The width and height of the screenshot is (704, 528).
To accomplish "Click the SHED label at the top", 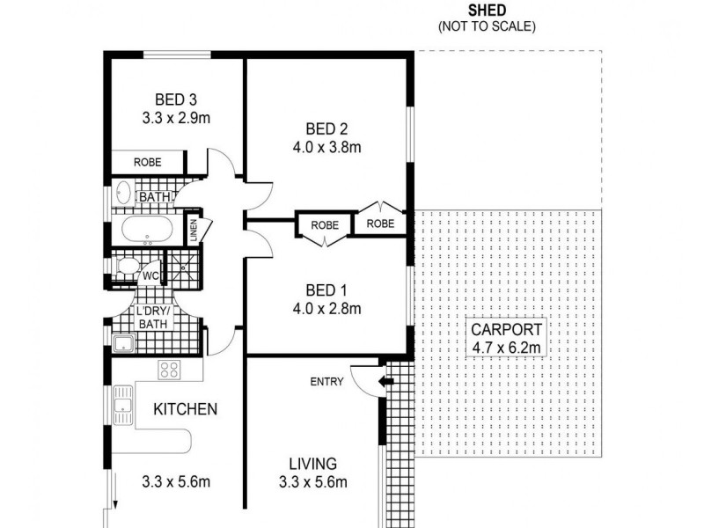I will coord(487,11).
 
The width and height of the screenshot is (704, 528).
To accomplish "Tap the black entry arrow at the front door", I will coord(384,382).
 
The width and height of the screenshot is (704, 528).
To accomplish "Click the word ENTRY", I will coord(326,382).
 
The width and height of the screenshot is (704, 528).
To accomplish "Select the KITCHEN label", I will coord(186,409).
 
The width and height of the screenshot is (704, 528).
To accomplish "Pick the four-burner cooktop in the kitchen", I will coord(169,370).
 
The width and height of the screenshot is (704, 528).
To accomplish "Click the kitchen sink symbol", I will coord(122,406).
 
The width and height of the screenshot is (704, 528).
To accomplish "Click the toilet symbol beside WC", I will coord(125,267).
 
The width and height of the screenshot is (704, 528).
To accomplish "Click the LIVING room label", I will coord(314,464).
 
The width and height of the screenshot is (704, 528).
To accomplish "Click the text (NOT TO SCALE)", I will coord(487,26).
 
